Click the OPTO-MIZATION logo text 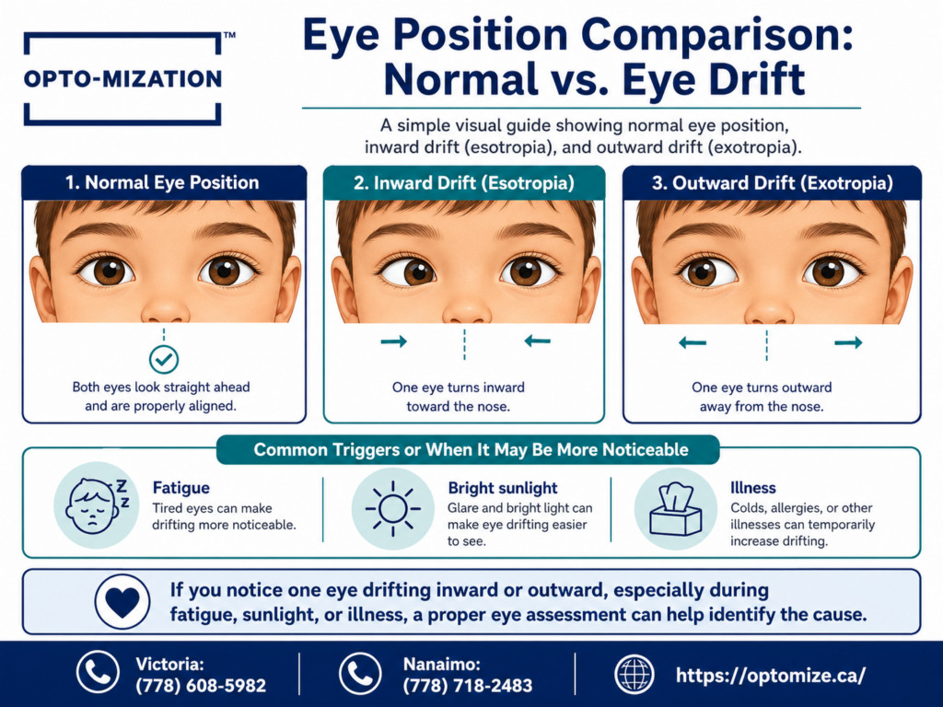[122, 79]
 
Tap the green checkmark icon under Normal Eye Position [164, 360]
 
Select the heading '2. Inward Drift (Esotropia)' [464, 183]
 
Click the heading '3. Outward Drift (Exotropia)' [773, 183]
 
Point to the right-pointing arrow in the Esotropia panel [394, 342]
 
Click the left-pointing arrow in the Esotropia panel [537, 342]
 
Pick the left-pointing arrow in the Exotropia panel [693, 343]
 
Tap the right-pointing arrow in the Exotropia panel [848, 342]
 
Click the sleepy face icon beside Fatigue [96, 505]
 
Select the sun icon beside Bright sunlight [392, 508]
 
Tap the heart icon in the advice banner [122, 601]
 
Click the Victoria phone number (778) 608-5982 [201, 685]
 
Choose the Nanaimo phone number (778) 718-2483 [468, 685]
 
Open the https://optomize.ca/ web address [771, 675]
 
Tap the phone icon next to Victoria [98, 672]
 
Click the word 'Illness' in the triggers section [753, 488]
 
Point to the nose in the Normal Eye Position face [165, 307]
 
